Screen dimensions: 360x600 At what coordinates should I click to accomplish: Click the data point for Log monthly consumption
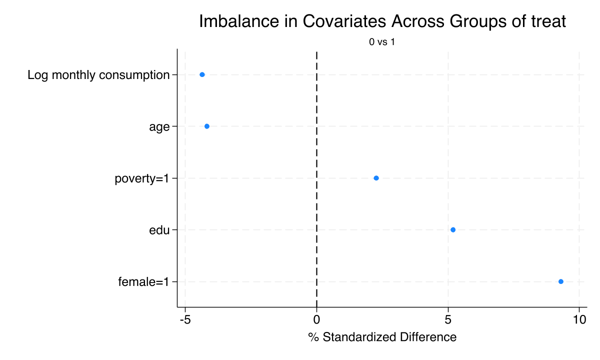click(202, 74)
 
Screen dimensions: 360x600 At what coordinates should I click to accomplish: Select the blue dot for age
click(207, 126)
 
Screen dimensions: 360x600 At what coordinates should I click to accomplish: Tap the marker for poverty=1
click(376, 178)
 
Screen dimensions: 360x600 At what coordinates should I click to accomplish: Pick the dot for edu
click(453, 230)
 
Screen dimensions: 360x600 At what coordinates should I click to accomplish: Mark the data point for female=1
click(561, 281)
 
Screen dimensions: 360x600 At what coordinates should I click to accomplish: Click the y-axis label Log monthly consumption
click(98, 75)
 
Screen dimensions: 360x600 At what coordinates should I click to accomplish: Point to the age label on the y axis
click(159, 127)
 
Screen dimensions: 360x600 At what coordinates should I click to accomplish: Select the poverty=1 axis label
click(142, 178)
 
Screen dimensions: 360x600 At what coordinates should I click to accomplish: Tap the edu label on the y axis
click(159, 230)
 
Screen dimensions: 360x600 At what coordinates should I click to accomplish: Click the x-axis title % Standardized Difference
click(382, 337)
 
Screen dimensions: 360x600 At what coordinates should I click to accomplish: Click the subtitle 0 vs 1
click(382, 42)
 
